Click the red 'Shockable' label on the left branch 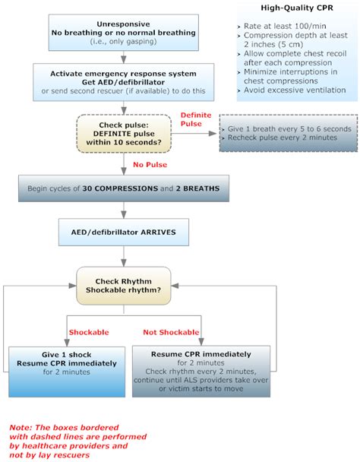(89, 332)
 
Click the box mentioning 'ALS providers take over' (201, 371)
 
